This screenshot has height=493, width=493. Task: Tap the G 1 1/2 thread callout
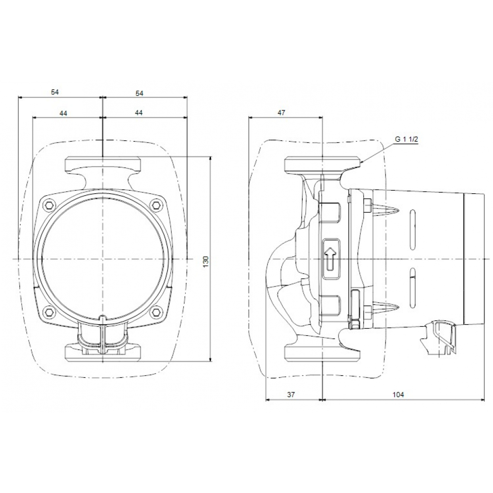(x=406, y=139)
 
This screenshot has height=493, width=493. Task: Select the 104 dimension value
(x=399, y=394)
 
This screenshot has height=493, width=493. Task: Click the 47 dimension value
(x=281, y=112)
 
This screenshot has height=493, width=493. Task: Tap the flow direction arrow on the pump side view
(x=329, y=256)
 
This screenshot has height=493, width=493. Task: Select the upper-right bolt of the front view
(x=156, y=205)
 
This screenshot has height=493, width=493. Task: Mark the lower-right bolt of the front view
(x=156, y=312)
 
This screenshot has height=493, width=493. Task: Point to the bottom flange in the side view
(x=321, y=353)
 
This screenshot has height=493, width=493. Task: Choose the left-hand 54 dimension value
(x=55, y=92)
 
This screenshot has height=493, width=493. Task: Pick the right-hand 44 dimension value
(x=139, y=112)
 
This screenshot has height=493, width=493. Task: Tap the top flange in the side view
(x=321, y=164)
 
